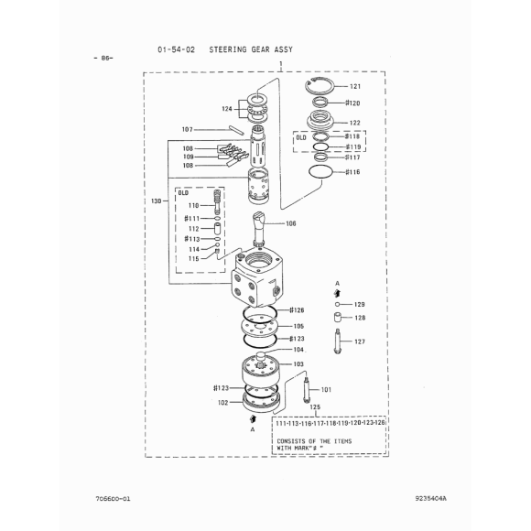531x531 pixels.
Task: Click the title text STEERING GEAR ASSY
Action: [x=251, y=49]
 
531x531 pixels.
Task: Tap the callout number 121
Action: [x=355, y=86]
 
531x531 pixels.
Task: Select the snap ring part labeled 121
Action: [x=320, y=86]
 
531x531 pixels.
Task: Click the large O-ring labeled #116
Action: [x=320, y=171]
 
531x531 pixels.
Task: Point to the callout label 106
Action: [x=291, y=223]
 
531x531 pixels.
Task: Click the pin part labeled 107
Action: [x=236, y=130]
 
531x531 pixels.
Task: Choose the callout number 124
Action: [x=227, y=109]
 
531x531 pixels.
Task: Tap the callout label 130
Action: [x=157, y=200]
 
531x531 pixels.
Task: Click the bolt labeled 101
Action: [x=307, y=390]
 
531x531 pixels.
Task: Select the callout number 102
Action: [x=222, y=403]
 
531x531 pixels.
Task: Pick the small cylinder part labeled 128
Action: [x=337, y=318]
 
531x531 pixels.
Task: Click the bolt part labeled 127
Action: [x=337, y=341]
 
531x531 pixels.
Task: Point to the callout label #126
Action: [x=297, y=309]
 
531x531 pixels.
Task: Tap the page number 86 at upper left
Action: [x=103, y=58]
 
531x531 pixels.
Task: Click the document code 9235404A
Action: [x=431, y=498]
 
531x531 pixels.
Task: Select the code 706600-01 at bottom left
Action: [x=113, y=498]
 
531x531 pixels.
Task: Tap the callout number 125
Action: [x=315, y=406]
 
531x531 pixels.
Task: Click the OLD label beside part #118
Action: [x=301, y=137]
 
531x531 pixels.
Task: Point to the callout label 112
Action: [x=194, y=229]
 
